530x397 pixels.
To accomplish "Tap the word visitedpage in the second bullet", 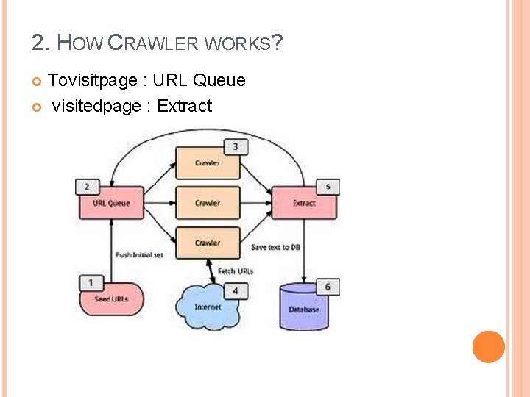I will (96, 106).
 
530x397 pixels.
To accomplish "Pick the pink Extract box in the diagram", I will (303, 203).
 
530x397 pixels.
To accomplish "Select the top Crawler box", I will (208, 163).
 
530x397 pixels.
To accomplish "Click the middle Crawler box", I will (208, 203).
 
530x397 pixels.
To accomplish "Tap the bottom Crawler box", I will (208, 243).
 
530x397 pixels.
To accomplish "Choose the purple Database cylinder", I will (303, 309).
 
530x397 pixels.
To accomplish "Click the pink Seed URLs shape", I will (111, 299).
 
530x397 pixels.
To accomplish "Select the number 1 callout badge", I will (90, 282).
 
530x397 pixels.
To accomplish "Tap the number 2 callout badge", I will (88, 187).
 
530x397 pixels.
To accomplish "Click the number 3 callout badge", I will (236, 147).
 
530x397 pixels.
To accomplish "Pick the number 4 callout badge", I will (236, 291).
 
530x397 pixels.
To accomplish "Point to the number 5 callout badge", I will (328, 187).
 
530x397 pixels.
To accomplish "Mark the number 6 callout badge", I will (328, 287).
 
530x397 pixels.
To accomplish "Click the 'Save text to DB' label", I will (275, 248).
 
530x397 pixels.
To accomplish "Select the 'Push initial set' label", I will (139, 255).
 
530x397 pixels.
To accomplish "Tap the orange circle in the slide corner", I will (489, 347).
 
